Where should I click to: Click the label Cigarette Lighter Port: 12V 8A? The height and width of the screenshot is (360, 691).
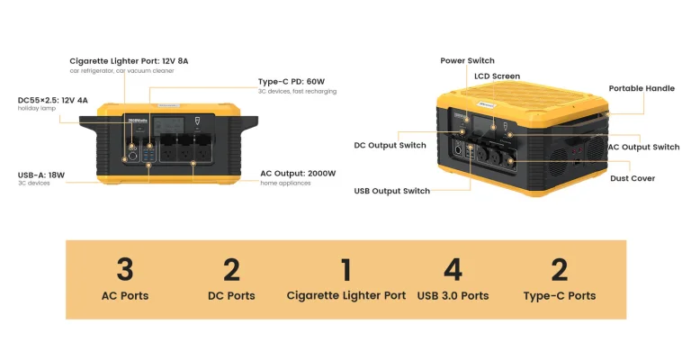click(129, 60)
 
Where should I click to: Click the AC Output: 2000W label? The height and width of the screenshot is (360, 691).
click(298, 173)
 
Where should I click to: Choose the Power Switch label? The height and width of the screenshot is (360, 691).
click(467, 60)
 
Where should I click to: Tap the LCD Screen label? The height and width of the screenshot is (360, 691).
click(497, 76)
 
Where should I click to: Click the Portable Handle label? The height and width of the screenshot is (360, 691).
click(642, 88)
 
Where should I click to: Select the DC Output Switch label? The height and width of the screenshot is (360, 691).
click(390, 145)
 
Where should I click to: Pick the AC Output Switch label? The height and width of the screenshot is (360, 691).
click(643, 147)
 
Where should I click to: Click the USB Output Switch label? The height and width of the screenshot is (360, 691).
click(391, 191)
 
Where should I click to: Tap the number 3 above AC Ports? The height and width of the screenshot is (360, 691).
click(125, 268)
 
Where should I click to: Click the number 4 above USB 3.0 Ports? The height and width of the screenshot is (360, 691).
click(453, 268)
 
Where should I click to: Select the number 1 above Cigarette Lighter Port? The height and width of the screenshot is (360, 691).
click(345, 268)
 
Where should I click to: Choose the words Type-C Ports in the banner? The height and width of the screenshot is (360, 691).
click(559, 295)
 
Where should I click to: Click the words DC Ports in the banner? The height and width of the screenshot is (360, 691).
click(231, 295)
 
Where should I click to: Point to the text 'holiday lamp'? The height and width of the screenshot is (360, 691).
click(37, 109)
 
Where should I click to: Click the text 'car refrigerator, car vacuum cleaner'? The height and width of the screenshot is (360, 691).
click(121, 70)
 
